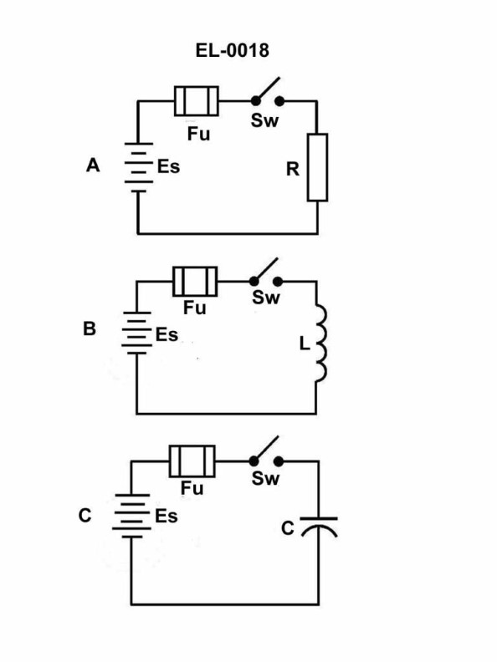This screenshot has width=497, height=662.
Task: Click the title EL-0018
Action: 232,51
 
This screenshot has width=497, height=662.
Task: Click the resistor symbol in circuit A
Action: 317,166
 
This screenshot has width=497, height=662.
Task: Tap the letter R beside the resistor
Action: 292,169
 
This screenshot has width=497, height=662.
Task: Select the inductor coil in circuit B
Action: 320,344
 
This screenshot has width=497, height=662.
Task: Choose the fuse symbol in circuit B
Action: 195,281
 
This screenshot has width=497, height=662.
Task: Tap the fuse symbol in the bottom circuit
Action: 192,461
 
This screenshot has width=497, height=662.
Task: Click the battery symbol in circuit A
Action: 136,167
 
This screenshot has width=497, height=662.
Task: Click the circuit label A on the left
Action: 93,166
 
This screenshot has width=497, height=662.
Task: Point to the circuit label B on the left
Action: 90,329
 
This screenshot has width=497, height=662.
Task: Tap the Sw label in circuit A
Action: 265,120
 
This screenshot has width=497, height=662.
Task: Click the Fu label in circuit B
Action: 194,308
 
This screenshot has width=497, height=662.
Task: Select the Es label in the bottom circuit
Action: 166,516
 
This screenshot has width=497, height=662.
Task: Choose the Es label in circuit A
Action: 168,167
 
